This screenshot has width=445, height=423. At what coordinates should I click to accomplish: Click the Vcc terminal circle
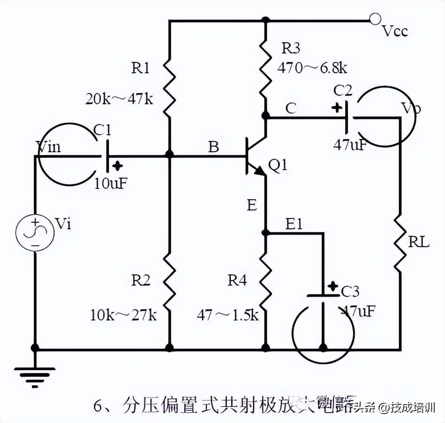[375, 19]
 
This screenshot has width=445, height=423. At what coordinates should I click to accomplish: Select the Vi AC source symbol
[35, 233]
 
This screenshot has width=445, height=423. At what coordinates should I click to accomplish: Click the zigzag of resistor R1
[169, 89]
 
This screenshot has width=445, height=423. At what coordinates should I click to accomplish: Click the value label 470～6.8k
[312, 68]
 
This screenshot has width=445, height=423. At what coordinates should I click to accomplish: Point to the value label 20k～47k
[119, 99]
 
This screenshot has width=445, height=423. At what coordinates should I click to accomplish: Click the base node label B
[214, 147]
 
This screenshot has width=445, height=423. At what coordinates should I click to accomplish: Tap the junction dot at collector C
[266, 115]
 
